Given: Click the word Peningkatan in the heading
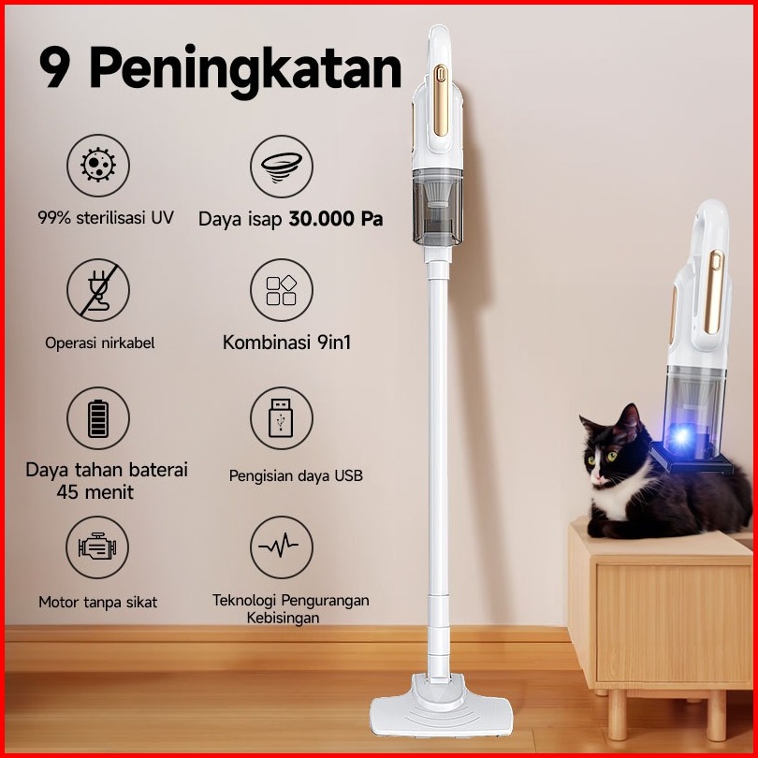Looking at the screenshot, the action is pyautogui.click(x=245, y=70).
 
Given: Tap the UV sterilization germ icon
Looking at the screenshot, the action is pyautogui.click(x=98, y=166).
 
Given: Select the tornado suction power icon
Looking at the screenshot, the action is pyautogui.click(x=282, y=167).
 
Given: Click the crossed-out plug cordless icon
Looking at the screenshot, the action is pyautogui.click(x=98, y=290).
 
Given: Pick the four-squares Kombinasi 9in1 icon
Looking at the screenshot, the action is pyautogui.click(x=282, y=290).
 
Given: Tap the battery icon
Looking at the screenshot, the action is pyautogui.click(x=98, y=418).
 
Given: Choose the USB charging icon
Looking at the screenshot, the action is pyautogui.click(x=282, y=418).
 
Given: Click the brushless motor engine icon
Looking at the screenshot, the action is pyautogui.click(x=97, y=547).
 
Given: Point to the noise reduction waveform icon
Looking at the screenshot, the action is pyautogui.click(x=282, y=547).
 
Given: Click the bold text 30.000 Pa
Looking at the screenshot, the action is pyautogui.click(x=336, y=219).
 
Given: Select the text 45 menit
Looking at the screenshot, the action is pyautogui.click(x=95, y=492).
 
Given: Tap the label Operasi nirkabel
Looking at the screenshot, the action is pyautogui.click(x=100, y=343).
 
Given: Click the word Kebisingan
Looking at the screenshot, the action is pyautogui.click(x=284, y=618).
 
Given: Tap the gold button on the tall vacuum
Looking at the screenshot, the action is pyautogui.click(x=441, y=100).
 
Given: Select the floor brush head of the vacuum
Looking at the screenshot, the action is pyautogui.click(x=441, y=707).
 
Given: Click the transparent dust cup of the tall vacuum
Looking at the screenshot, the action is pyautogui.click(x=438, y=207).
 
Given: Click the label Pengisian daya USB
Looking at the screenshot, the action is pyautogui.click(x=296, y=475).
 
